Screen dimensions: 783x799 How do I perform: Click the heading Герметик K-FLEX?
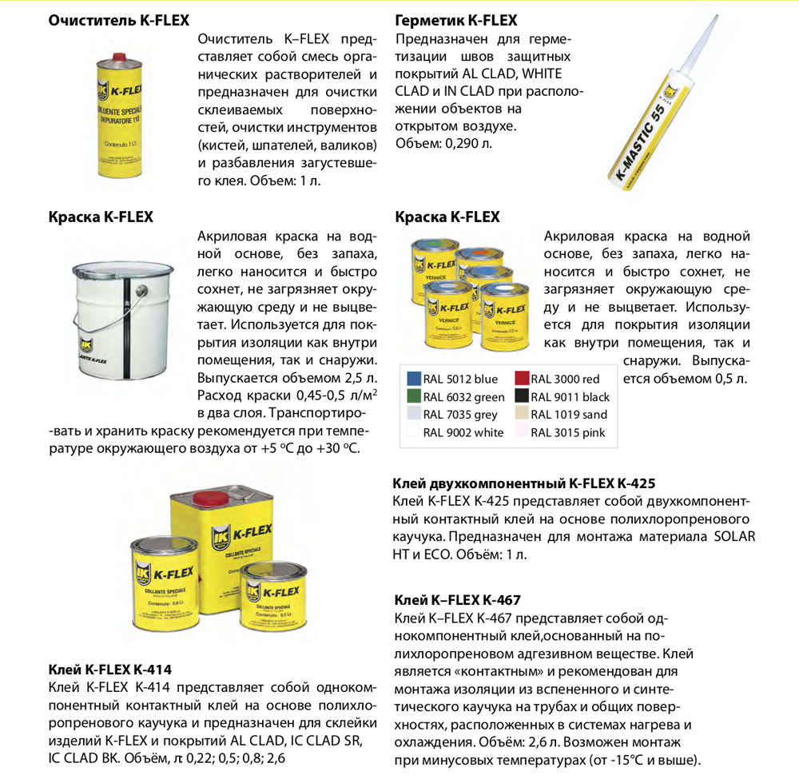[456, 21]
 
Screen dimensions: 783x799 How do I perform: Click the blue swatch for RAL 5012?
[413, 379]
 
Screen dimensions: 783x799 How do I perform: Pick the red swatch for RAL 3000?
[522, 379]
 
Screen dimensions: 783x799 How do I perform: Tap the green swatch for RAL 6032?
[413, 397]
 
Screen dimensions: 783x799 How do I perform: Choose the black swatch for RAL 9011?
[522, 397]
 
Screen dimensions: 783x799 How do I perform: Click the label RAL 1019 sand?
[569, 415]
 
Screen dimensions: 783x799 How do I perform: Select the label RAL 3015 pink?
[568, 433]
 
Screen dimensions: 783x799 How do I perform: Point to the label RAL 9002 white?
[463, 433]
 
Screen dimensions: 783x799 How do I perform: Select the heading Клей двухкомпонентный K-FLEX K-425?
[524, 483]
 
